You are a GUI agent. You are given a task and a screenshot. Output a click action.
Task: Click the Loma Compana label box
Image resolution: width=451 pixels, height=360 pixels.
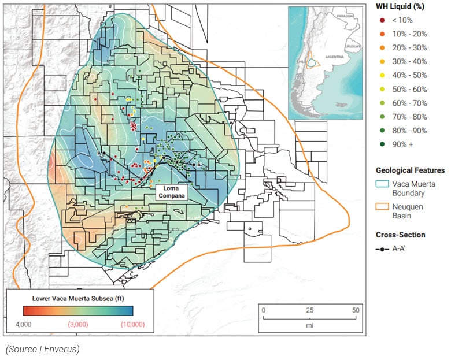(173, 192)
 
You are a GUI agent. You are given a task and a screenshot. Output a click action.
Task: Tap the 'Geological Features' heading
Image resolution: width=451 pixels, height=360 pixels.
(410, 170)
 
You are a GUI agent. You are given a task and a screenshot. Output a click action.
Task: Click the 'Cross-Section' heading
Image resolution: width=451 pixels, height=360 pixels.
(400, 235)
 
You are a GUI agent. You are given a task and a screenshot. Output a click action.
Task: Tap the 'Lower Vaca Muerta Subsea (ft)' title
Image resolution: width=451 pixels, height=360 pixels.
(80, 299)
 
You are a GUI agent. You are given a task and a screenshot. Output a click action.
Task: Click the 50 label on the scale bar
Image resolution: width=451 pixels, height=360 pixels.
(356, 310)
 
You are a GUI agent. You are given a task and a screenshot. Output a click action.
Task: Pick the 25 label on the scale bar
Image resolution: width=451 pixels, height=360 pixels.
(310, 310)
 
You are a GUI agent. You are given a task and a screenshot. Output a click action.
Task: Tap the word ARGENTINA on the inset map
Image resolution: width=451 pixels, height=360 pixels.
(334, 58)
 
